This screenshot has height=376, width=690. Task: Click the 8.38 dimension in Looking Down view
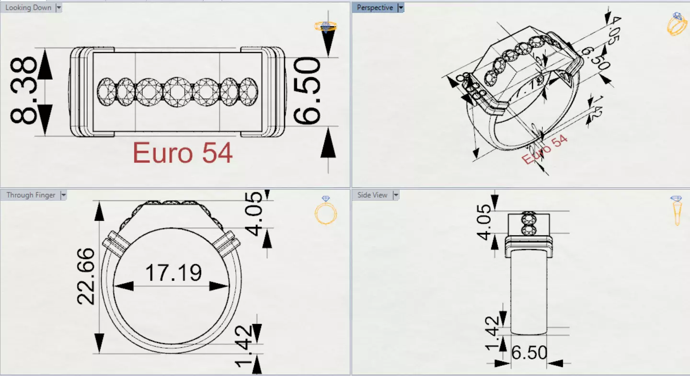pyautogui.click(x=24, y=91)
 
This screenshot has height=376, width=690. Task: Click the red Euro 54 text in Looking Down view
pyautogui.click(x=183, y=153)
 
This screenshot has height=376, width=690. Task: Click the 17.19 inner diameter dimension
pyautogui.click(x=173, y=273)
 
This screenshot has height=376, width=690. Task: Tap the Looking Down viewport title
pyautogui.click(x=28, y=8)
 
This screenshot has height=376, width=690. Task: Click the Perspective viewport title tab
pyautogui.click(x=375, y=8)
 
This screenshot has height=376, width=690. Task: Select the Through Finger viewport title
pyautogui.click(x=31, y=195)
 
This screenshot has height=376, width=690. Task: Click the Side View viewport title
pyautogui.click(x=372, y=195)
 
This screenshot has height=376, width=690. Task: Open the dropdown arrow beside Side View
pyautogui.click(x=396, y=195)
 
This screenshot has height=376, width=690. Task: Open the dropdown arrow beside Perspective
pyautogui.click(x=401, y=8)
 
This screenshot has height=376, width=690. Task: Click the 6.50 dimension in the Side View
pyautogui.click(x=529, y=353)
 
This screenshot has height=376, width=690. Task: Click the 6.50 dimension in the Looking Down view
pyautogui.click(x=307, y=91)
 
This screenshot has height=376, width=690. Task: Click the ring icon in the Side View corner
pyautogui.click(x=677, y=211)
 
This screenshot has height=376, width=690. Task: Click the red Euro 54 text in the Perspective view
pyautogui.click(x=544, y=149)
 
